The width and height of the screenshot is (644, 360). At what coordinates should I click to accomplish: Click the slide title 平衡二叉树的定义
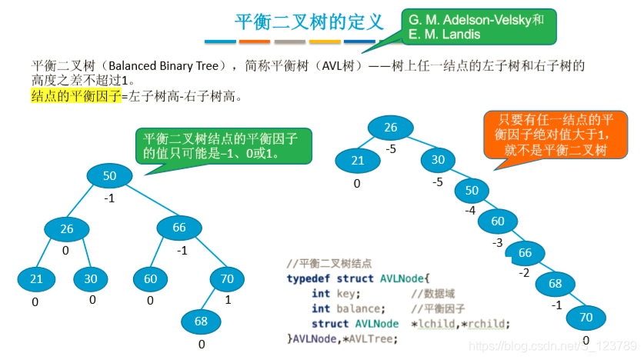308,22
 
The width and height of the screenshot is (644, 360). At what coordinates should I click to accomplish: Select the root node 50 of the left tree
109,176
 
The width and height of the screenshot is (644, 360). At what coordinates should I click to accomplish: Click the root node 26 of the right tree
390,128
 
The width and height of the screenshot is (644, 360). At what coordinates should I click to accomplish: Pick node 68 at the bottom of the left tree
201,320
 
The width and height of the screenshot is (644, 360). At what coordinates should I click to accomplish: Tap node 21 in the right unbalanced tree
357,161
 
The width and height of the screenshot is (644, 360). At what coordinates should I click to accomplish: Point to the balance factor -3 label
496,242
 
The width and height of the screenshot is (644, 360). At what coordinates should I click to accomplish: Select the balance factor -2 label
523,272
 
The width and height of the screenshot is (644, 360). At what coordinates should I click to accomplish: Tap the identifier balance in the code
359,308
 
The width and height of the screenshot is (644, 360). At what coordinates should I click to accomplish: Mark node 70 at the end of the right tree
586,316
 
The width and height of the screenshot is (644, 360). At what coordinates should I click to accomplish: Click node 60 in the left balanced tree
150,278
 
